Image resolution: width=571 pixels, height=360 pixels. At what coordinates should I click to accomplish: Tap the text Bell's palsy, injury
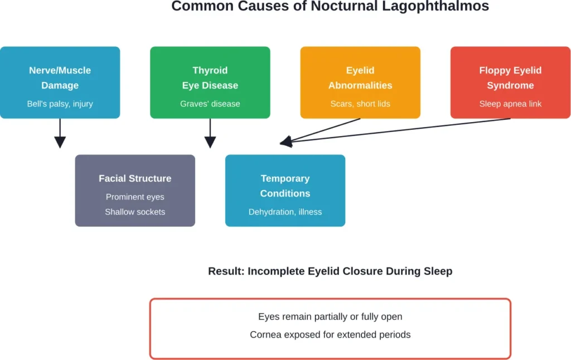click(60, 104)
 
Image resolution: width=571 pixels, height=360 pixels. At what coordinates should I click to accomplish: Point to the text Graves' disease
click(210, 104)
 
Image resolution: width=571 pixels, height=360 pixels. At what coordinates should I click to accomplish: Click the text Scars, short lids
click(360, 104)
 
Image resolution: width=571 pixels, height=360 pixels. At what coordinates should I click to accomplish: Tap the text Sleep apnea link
click(510, 104)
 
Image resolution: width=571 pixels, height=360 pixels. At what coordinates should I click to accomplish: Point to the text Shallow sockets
click(135, 212)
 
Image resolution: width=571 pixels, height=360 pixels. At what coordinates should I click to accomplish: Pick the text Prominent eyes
click(135, 197)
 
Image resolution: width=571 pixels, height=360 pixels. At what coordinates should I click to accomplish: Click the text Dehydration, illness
click(285, 212)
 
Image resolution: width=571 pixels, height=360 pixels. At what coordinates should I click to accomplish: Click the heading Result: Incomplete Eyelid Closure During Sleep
click(330, 271)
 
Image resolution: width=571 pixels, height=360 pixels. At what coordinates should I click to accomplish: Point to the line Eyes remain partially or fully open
click(330, 317)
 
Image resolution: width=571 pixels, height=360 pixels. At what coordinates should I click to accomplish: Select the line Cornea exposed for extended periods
click(330, 335)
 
